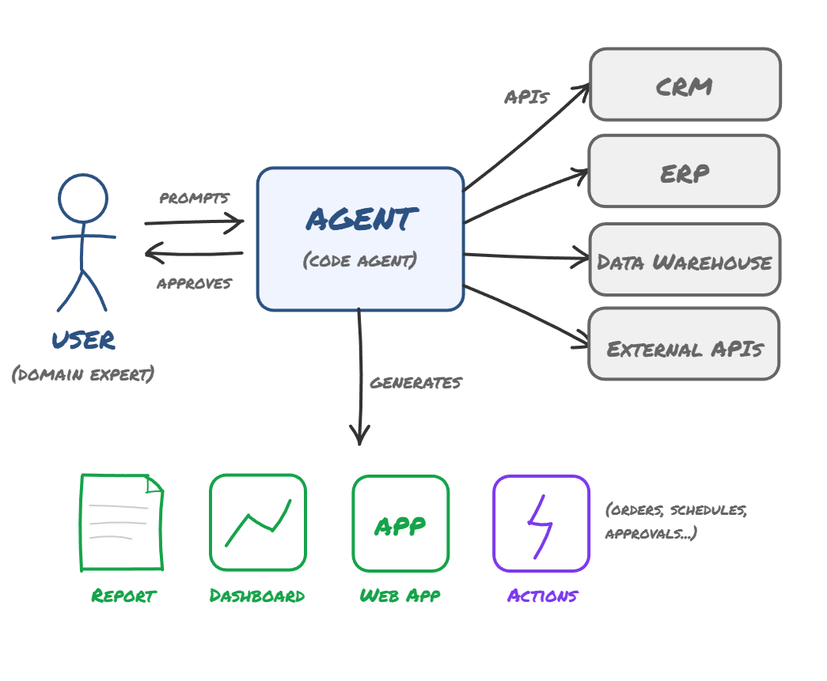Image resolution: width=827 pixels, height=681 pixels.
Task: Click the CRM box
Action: (x=685, y=85)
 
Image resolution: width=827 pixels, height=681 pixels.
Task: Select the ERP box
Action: (x=684, y=172)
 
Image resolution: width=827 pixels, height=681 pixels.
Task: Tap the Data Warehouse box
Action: (x=685, y=260)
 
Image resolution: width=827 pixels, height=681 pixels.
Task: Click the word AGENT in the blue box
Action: (x=361, y=219)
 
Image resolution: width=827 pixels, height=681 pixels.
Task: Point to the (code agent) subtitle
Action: (x=360, y=260)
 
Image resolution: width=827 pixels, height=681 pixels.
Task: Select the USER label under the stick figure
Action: (x=84, y=340)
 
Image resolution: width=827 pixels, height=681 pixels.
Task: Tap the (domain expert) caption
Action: (x=83, y=374)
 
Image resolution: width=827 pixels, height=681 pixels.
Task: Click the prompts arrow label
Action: (x=195, y=198)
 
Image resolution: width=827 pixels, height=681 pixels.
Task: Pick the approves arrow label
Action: (x=194, y=283)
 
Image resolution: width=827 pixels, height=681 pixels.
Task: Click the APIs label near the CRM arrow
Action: (x=526, y=97)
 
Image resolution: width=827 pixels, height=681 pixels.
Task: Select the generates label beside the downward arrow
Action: (x=415, y=383)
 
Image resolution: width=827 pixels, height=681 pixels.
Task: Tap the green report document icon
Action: (x=122, y=522)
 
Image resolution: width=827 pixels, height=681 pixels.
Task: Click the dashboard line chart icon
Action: (x=257, y=522)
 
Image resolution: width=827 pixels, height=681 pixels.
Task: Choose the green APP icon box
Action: (x=400, y=523)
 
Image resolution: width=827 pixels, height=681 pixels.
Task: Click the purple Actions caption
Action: (x=542, y=596)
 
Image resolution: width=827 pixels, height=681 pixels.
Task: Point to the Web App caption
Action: (x=400, y=596)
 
